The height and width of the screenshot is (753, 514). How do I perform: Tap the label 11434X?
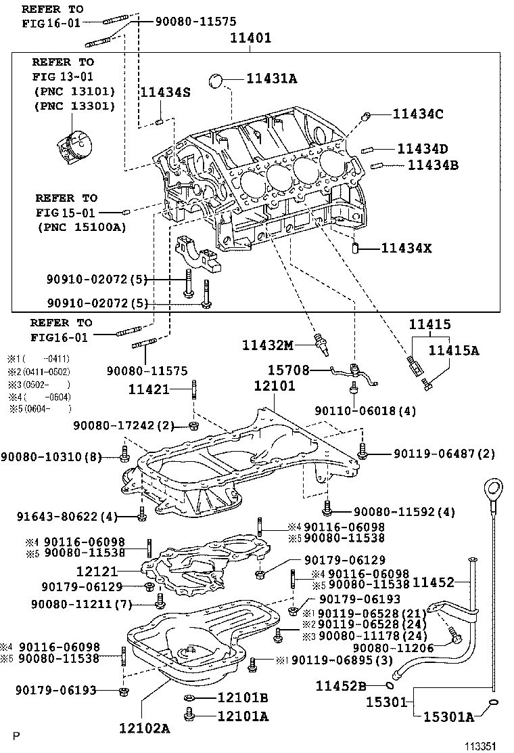tap(406, 249)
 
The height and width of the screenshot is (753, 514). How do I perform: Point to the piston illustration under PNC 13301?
tap(73, 146)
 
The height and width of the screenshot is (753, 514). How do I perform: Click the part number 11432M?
tap(268, 346)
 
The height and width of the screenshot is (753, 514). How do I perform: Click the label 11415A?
tap(454, 350)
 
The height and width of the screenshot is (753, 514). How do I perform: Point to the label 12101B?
tap(243, 697)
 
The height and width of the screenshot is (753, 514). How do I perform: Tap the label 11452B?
tap(341, 685)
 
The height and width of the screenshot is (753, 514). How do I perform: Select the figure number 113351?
tap(481, 745)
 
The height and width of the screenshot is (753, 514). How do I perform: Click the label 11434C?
tap(417, 114)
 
